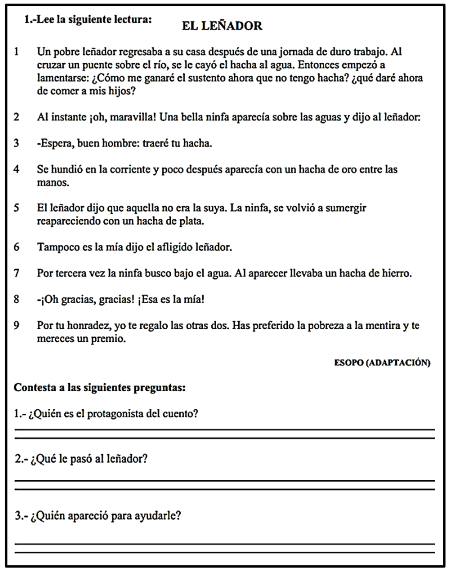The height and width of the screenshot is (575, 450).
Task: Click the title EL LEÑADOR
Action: (x=222, y=26)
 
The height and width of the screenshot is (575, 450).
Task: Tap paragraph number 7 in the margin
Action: (x=17, y=273)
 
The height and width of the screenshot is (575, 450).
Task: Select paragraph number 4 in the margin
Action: (x=17, y=169)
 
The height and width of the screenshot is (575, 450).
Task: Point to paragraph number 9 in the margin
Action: (x=17, y=325)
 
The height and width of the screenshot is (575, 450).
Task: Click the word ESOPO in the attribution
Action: (x=348, y=363)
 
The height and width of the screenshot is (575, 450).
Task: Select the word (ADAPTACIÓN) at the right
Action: (x=399, y=363)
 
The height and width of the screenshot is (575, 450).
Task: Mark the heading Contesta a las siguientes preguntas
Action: (x=99, y=387)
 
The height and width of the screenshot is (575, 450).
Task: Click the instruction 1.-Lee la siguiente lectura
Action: (x=88, y=20)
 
